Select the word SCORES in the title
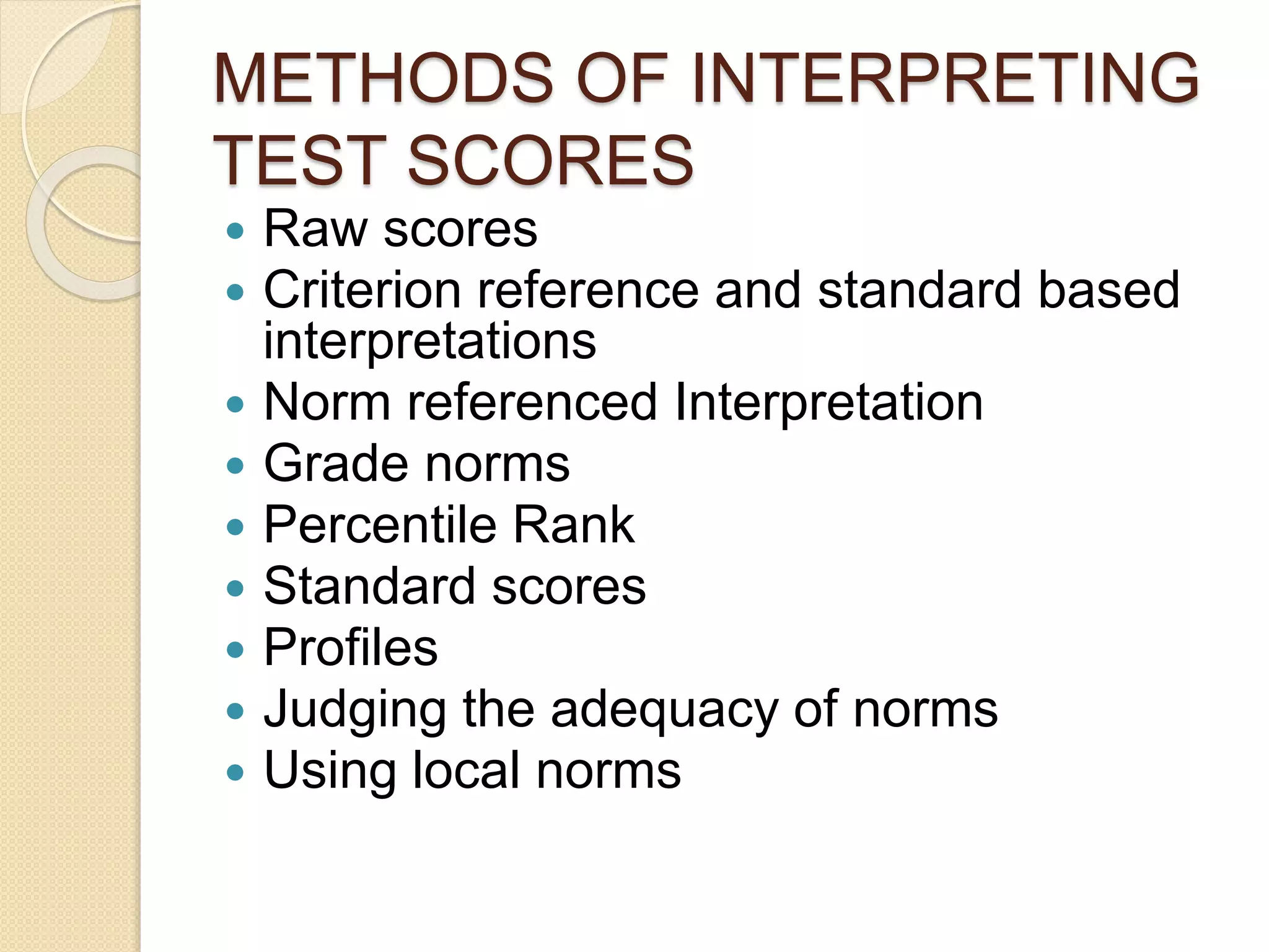point(550,161)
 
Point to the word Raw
point(315,229)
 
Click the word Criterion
point(362,289)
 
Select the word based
point(1109,289)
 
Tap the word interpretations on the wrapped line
point(429,341)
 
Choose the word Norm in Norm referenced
point(327,402)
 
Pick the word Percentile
point(380,525)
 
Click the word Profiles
point(351,648)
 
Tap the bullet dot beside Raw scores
point(235,232)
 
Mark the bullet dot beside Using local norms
point(235,773)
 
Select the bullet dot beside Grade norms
point(235,465)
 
